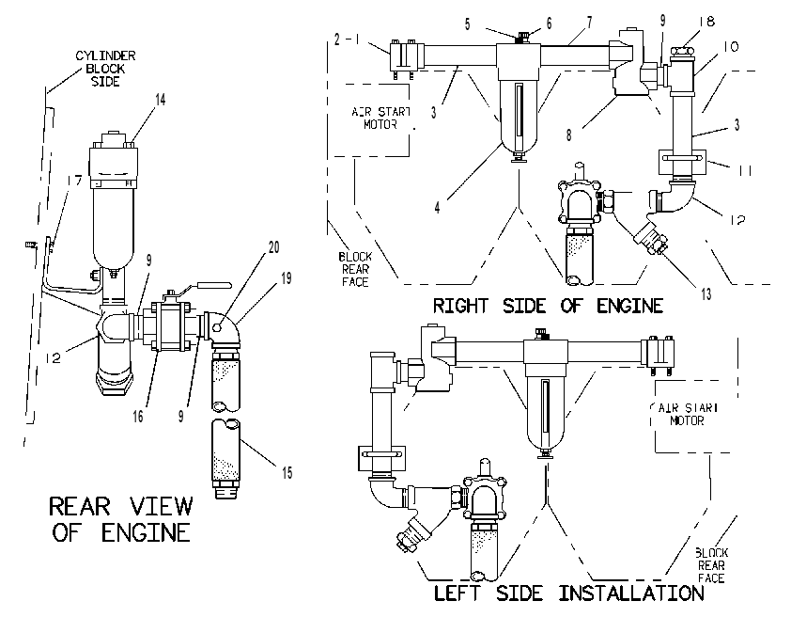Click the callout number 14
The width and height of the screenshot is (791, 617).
tap(160, 100)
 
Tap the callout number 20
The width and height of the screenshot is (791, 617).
tap(274, 247)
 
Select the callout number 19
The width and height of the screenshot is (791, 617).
tap(286, 278)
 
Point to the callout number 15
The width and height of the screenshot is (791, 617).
tap(287, 472)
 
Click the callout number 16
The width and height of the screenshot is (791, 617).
tap(138, 417)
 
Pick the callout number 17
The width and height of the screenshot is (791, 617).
tap(74, 181)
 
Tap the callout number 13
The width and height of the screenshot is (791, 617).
tap(706, 293)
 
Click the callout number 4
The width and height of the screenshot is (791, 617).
tap(437, 207)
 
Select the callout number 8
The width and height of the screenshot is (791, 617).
tap(569, 134)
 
